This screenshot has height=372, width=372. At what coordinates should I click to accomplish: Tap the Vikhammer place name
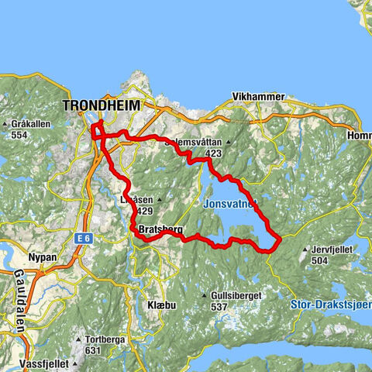click(256, 98)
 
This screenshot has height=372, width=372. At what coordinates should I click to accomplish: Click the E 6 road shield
click(83, 239)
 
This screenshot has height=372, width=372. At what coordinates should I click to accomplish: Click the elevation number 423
click(214, 153)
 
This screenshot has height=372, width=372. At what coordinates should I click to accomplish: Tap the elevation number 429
click(143, 211)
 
